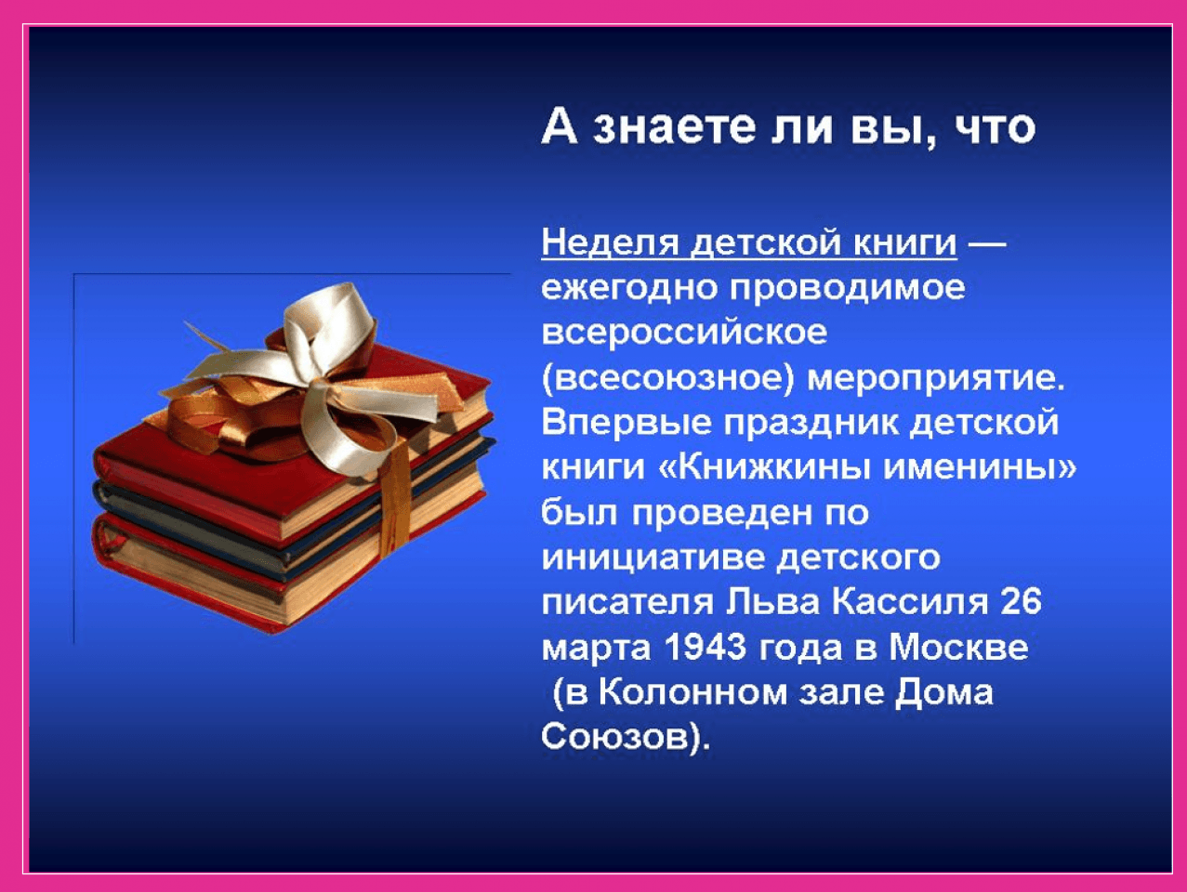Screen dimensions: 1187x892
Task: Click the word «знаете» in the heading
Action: click(x=673, y=128)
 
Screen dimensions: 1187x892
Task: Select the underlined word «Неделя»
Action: click(x=611, y=243)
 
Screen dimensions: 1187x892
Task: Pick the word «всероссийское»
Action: click(x=684, y=333)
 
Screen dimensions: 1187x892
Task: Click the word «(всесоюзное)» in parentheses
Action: click(x=667, y=378)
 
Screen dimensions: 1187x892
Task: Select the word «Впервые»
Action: click(x=626, y=423)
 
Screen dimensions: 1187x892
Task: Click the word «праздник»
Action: click(x=811, y=423)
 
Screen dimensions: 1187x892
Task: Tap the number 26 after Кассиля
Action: click(x=1021, y=602)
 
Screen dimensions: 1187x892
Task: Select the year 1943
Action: click(x=705, y=647)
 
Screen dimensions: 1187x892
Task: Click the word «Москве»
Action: click(x=958, y=647)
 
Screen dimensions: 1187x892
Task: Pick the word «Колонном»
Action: click(x=693, y=692)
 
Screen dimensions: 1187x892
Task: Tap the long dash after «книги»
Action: click(x=987, y=244)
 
